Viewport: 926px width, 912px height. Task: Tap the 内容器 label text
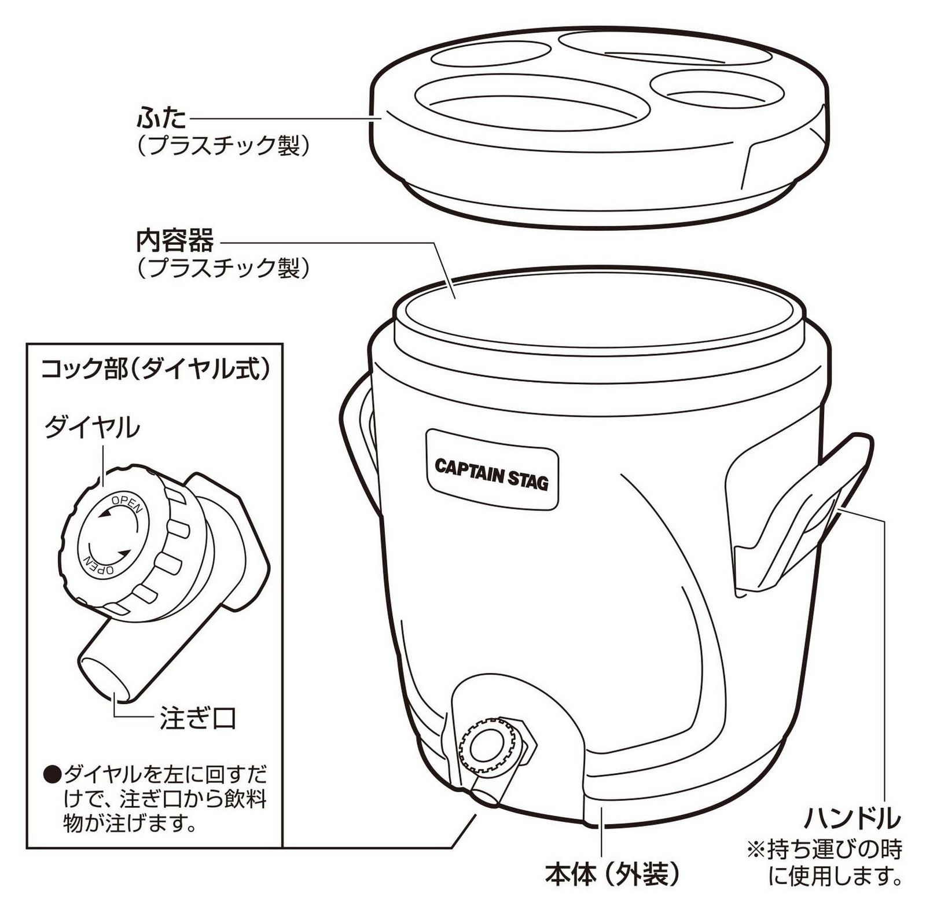tap(175, 240)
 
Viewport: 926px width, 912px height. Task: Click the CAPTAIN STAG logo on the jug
tap(491, 474)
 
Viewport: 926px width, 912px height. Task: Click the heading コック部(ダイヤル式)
tap(155, 369)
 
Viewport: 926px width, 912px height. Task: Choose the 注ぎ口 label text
tap(198, 719)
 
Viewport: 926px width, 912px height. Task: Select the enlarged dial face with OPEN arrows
tap(113, 534)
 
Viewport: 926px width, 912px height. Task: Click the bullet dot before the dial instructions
tap(53, 773)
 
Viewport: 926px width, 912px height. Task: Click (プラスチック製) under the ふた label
tap(222, 146)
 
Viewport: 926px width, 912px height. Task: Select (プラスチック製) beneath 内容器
tap(222, 267)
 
